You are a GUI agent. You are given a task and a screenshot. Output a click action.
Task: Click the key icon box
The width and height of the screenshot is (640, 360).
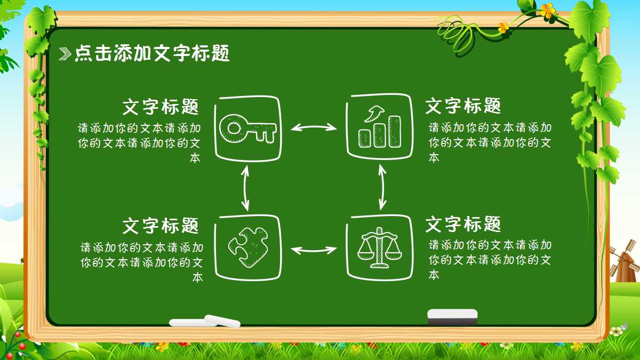pyautogui.click(x=247, y=128)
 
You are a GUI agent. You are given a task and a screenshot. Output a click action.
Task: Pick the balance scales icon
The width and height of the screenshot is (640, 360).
pyautogui.click(x=380, y=246)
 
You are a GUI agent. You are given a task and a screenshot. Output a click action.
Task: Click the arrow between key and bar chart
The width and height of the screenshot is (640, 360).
pyautogui.click(x=314, y=127)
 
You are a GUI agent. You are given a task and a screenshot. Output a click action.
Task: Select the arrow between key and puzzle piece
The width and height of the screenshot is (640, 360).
pyautogui.click(x=245, y=188)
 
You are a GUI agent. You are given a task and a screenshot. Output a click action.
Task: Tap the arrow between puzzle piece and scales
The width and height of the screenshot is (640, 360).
pyautogui.click(x=314, y=249)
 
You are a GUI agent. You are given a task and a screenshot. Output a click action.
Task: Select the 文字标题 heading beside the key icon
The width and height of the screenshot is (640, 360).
pyautogui.click(x=161, y=107)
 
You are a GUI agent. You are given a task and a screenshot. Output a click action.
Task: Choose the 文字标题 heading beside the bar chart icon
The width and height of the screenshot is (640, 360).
pyautogui.click(x=463, y=106)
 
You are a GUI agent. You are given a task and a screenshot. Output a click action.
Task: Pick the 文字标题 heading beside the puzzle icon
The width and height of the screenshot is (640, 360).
pyautogui.click(x=161, y=226)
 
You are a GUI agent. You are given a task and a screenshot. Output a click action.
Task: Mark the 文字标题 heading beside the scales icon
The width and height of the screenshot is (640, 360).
pyautogui.click(x=463, y=224)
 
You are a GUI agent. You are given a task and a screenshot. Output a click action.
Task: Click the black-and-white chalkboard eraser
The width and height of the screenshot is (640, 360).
pyautogui.click(x=452, y=316)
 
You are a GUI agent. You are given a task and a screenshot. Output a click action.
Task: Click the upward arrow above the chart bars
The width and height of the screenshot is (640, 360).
pyautogui.click(x=374, y=113)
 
